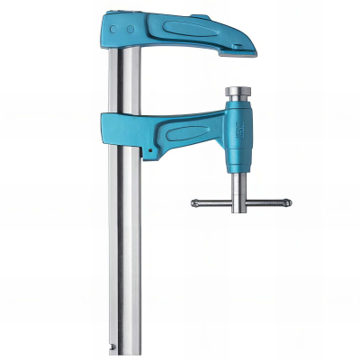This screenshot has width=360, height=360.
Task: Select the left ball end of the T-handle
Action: pyautogui.click(x=195, y=202)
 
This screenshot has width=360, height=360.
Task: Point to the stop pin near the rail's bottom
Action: pyautogui.click(x=113, y=345)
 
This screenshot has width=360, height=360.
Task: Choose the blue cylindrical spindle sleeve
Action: pyautogui.click(x=242, y=136)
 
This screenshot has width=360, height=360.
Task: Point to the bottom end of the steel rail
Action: pyautogui.click(x=127, y=353)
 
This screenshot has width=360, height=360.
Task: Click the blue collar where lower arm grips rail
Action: pyautogui.click(x=122, y=130)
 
